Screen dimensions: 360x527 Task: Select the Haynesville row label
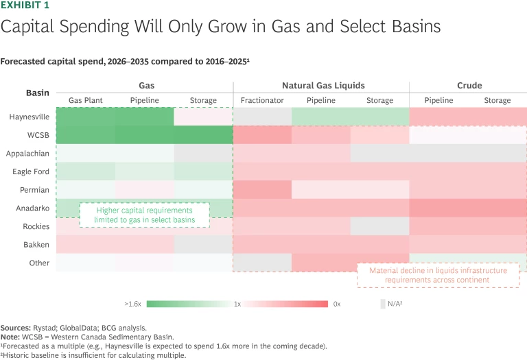[x=28, y=117]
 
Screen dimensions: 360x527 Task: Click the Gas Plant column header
[x=85, y=101]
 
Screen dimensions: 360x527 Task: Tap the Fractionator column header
[x=262, y=101]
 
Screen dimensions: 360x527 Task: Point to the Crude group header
[x=469, y=86]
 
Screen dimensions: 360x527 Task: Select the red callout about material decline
[x=438, y=276]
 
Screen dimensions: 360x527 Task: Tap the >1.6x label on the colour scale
[x=133, y=303]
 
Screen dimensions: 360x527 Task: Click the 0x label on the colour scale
[x=338, y=303]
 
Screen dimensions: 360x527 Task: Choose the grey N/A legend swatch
[x=383, y=303]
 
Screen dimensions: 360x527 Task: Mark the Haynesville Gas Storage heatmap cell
[x=203, y=117]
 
